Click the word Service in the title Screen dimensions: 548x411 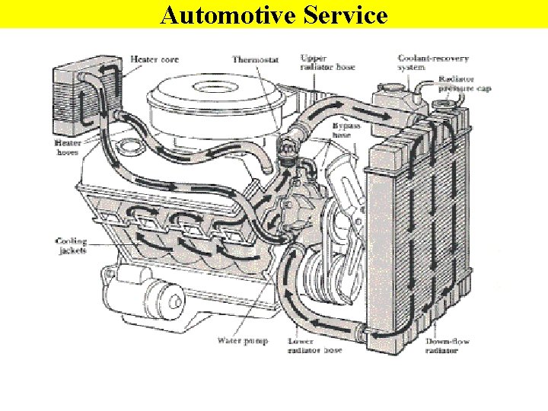[x=342, y=14]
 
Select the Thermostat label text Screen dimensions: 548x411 [x=256, y=59]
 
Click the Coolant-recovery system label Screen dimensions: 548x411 [x=423, y=62]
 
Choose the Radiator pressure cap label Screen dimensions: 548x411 [x=464, y=84]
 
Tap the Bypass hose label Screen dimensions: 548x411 [x=346, y=131]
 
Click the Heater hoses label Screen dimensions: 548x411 [x=66, y=147]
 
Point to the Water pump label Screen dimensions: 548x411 [x=243, y=340]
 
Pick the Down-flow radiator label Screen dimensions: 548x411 [x=448, y=346]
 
